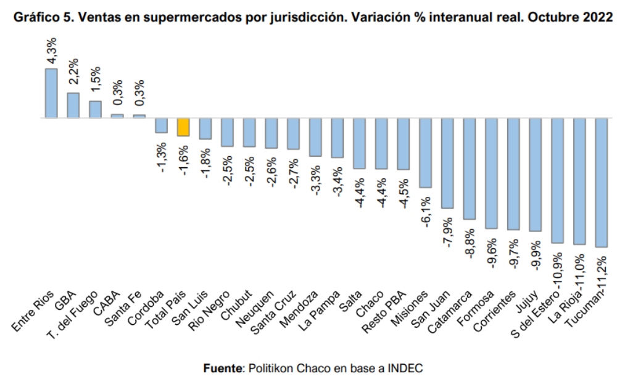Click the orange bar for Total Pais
coord(183,127)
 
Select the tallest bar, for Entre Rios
coord(51,93)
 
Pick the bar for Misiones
coord(425,152)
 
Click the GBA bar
coord(73,105)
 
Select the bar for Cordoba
coord(161,125)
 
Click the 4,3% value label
coord(52,50)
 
